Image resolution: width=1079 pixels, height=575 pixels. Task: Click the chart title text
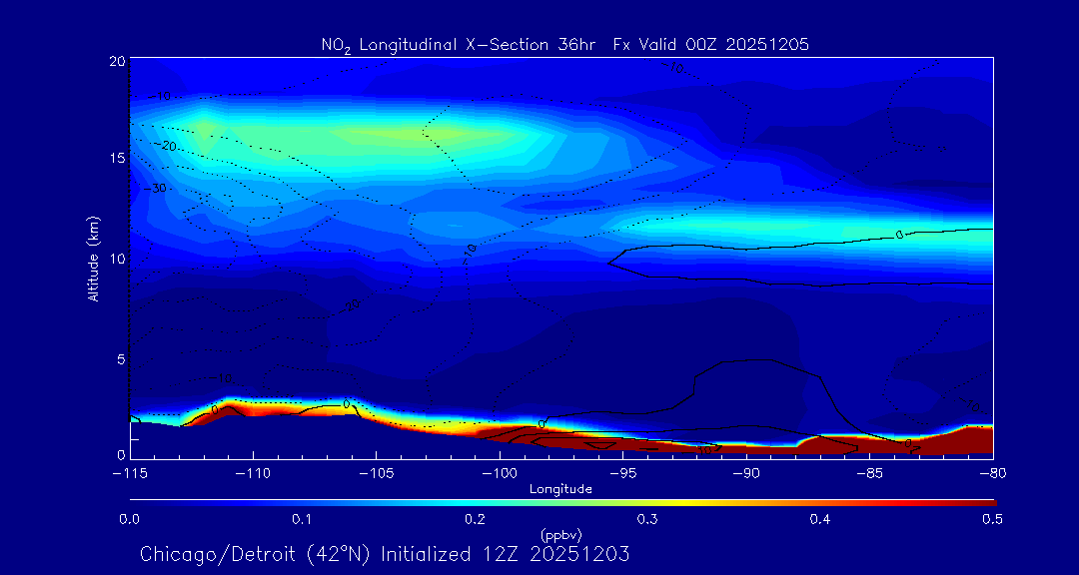564,44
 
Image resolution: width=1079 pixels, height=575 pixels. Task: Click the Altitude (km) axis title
93,259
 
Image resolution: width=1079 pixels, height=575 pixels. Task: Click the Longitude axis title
560,489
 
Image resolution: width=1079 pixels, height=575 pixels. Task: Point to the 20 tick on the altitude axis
117,62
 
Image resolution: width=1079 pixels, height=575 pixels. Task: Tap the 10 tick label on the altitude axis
117,259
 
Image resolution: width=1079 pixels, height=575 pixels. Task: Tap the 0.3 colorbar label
647,519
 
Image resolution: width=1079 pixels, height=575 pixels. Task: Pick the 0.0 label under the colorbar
129,519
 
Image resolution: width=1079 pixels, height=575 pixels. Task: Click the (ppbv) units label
560,534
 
